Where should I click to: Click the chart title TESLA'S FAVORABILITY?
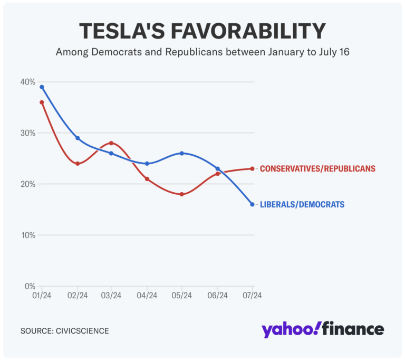pyautogui.click(x=202, y=32)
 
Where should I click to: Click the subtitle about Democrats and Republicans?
pyautogui.click(x=202, y=53)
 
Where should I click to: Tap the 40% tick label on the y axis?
pyautogui.click(x=28, y=82)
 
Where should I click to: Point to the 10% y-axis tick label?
pyautogui.click(x=28, y=235)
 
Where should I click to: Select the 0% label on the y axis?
pyautogui.click(x=30, y=286)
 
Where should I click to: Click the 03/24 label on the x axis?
pyautogui.click(x=111, y=296)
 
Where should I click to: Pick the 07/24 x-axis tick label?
pyautogui.click(x=252, y=296)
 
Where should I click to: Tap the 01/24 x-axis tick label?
pyautogui.click(x=41, y=296)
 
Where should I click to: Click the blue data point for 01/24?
pyautogui.click(x=42, y=87)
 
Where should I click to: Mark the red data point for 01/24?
pyautogui.click(x=42, y=102)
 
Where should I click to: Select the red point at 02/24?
pyautogui.click(x=77, y=164)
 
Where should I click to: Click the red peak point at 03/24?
pyautogui.click(x=111, y=143)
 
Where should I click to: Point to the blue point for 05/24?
pyautogui.click(x=182, y=153)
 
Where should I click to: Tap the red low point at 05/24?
pyautogui.click(x=182, y=194)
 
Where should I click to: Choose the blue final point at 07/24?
pyautogui.click(x=252, y=204)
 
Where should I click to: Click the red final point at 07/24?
pyautogui.click(x=252, y=169)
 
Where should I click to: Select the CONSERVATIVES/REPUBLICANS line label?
pyautogui.click(x=317, y=169)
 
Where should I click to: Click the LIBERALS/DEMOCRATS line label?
pyautogui.click(x=302, y=204)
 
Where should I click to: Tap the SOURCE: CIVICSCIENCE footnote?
pyautogui.click(x=65, y=331)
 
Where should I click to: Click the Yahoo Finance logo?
pyautogui.click(x=323, y=330)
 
